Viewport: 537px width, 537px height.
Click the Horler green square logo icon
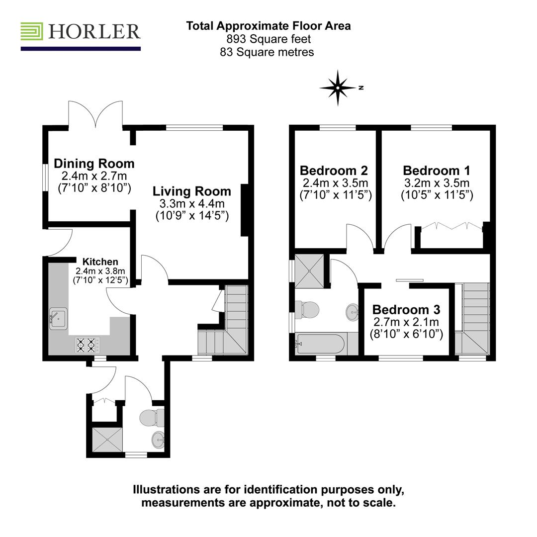coord(31,31)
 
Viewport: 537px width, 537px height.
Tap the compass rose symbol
coord(338,88)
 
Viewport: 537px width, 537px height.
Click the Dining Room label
coord(94,163)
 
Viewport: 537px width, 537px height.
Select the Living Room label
coord(191,191)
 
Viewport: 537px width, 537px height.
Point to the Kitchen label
coord(100,262)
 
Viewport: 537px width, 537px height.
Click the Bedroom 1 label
coord(437,171)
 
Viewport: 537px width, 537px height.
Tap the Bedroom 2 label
coord(334,171)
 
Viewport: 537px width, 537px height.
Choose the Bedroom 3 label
coord(406,310)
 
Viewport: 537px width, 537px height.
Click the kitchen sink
coord(59,317)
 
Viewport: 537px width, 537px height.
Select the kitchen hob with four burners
coord(87,344)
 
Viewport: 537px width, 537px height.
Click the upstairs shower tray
coord(309,271)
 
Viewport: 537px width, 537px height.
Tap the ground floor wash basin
coord(159,440)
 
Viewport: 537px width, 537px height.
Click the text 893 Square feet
coord(268,39)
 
